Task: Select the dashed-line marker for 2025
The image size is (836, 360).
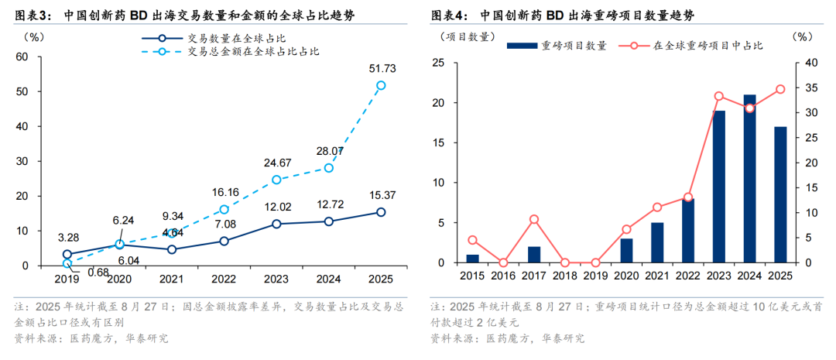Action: [x=381, y=85]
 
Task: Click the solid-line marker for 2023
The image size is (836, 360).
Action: [x=276, y=224]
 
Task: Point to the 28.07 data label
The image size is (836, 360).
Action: [x=329, y=151]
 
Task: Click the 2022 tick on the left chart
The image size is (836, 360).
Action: [x=224, y=279]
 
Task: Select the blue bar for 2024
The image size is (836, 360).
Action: [x=750, y=179]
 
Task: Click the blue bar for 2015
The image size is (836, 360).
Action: [x=472, y=259]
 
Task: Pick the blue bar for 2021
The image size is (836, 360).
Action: [x=657, y=242]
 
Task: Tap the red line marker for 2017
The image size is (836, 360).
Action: [x=534, y=219]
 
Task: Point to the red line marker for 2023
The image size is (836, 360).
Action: [x=719, y=96]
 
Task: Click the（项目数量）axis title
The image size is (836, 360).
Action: [x=463, y=36]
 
